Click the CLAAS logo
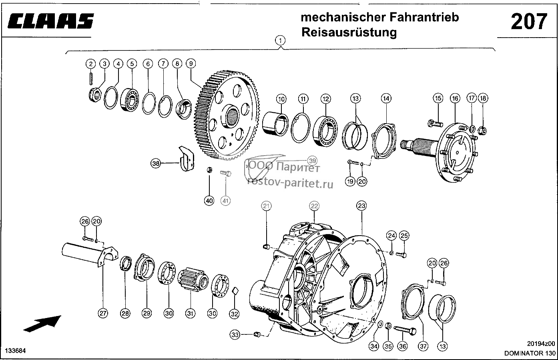tap(51, 21)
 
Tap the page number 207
tap(529, 22)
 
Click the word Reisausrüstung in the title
tap(349, 33)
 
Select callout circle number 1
tap(280, 40)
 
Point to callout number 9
tap(191, 64)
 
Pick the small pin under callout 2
tap(91, 78)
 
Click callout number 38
tap(156, 163)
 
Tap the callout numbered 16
tap(455, 98)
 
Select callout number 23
tap(361, 206)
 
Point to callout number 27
tap(103, 313)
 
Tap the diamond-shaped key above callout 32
tap(235, 291)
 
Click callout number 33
tap(235, 335)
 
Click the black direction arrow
tap(42, 324)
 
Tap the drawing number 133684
tap(15, 351)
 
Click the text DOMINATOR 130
tap(530, 353)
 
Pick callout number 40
tap(209, 201)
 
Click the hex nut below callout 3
tap(95, 95)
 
